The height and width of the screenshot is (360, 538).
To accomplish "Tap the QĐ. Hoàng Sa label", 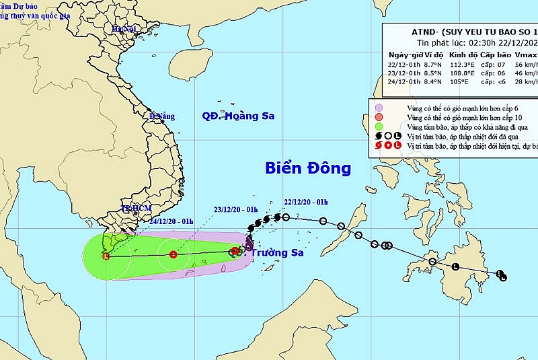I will [x=238, y=116].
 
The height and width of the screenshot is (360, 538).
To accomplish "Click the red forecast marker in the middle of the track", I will [x=174, y=254].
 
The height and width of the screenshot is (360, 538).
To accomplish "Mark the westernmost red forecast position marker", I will [x=106, y=256].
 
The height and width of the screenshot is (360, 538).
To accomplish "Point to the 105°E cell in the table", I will [x=457, y=85].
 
